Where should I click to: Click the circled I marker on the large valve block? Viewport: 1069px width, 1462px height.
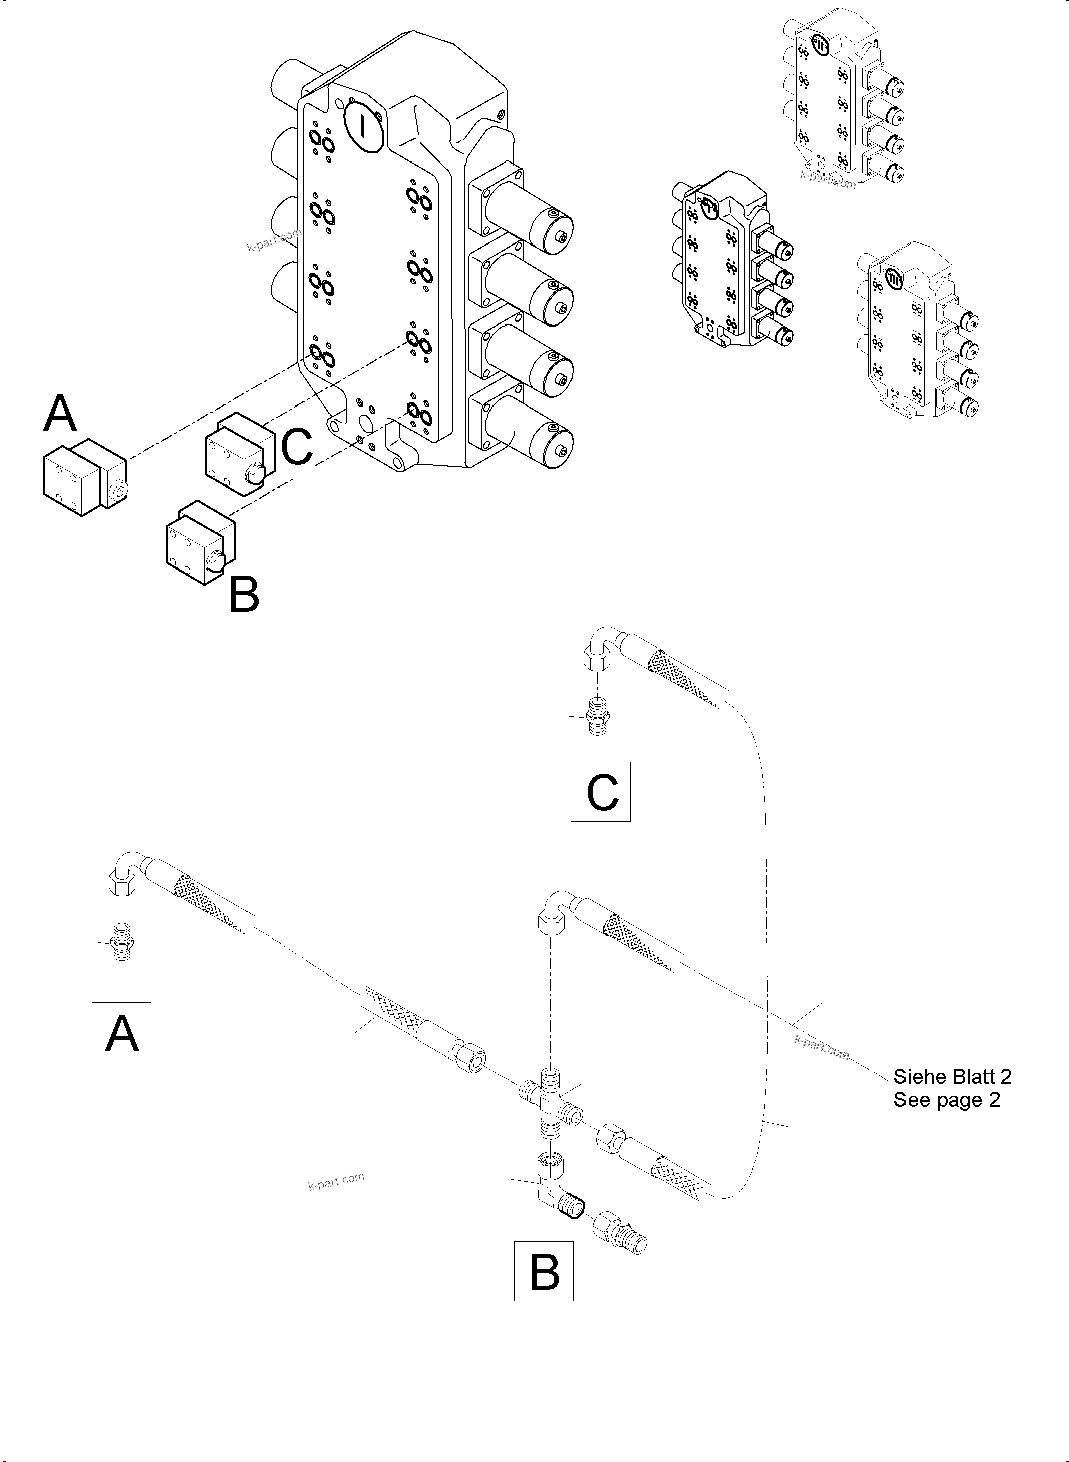(364, 126)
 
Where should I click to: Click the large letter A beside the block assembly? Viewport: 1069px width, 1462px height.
(60, 414)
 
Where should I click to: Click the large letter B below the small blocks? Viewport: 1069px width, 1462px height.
(244, 595)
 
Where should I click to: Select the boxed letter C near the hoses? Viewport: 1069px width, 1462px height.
(601, 791)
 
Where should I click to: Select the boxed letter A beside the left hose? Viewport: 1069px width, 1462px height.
(122, 1032)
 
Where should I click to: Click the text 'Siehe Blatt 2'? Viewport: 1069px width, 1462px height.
(952, 1076)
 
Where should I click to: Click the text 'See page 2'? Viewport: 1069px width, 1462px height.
(946, 1100)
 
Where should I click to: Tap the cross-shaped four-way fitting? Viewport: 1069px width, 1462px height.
(550, 1105)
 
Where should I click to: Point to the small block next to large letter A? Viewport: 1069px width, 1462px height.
(84, 479)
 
